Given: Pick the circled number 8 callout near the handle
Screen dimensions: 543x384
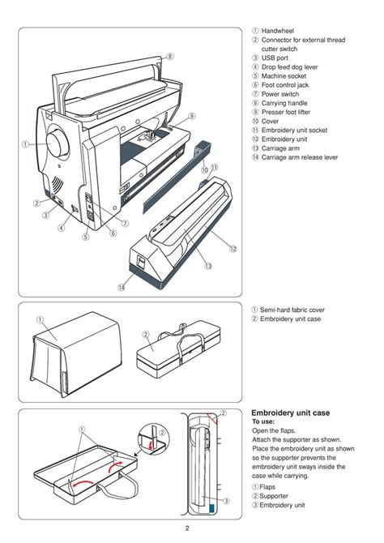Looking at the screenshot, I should (x=170, y=56).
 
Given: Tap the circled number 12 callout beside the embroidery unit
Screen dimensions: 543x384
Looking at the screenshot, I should (x=233, y=248).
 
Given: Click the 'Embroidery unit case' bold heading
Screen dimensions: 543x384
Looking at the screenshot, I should (x=290, y=413).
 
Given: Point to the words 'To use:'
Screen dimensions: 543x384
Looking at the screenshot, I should (x=265, y=422).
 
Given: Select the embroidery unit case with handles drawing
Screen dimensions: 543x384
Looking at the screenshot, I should (x=182, y=354).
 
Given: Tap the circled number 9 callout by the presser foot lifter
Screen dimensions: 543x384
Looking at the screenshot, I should (x=192, y=116).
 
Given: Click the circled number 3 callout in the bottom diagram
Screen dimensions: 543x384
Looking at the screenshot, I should (x=226, y=502).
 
